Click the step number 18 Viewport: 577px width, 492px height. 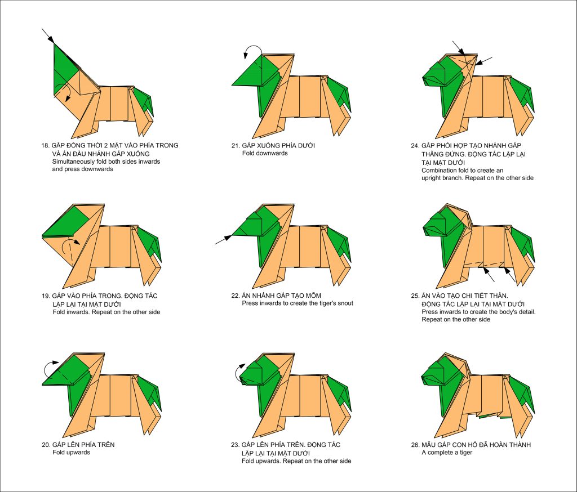click(45, 146)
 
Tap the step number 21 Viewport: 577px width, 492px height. click(236, 146)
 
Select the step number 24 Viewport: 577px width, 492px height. click(415, 146)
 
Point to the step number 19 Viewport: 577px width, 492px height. click(46, 296)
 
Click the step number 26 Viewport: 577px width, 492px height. click(415, 445)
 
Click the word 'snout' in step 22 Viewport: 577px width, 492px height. click(344, 303)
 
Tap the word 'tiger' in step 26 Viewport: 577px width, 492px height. click(465, 453)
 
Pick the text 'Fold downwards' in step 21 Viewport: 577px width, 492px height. click(265, 153)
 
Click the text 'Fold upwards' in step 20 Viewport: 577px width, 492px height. click(71, 452)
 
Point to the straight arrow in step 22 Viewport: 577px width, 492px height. click(223, 239)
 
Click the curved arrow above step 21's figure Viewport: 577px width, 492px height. click(252, 50)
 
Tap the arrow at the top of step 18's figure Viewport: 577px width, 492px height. click(48, 35)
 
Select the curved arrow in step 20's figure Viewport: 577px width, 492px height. click(50, 368)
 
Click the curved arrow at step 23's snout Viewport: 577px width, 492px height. click(239, 372)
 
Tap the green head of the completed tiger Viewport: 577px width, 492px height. click(440, 372)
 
